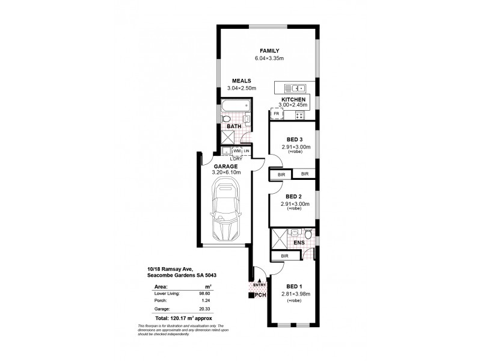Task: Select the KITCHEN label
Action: (x=294, y=99)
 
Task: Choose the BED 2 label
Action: (x=294, y=196)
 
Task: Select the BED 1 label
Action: (x=294, y=286)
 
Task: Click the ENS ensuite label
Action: (x=298, y=243)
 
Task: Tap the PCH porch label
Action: (x=260, y=295)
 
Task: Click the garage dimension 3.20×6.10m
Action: (x=226, y=173)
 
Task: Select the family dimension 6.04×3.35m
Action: (x=269, y=58)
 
